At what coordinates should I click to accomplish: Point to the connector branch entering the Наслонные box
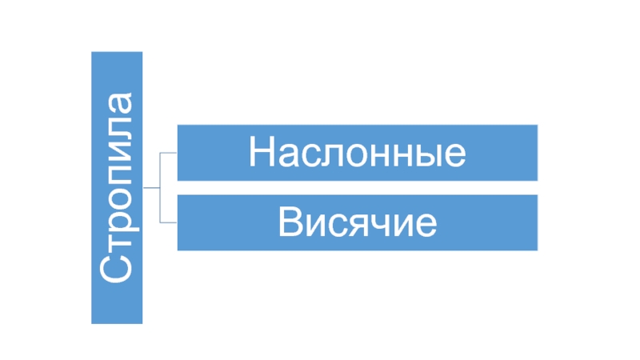tap(169, 152)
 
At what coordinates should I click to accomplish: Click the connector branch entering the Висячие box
tap(169, 222)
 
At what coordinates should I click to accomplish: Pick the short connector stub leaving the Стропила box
tap(151, 187)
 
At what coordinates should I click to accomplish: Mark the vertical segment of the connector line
tap(161, 187)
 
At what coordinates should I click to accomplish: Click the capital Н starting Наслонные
tap(261, 152)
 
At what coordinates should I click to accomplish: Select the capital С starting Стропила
tap(117, 269)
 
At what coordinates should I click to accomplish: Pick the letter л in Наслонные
tap(328, 155)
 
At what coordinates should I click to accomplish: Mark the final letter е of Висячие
tap(425, 226)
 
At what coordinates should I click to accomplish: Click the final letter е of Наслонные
tap(454, 155)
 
